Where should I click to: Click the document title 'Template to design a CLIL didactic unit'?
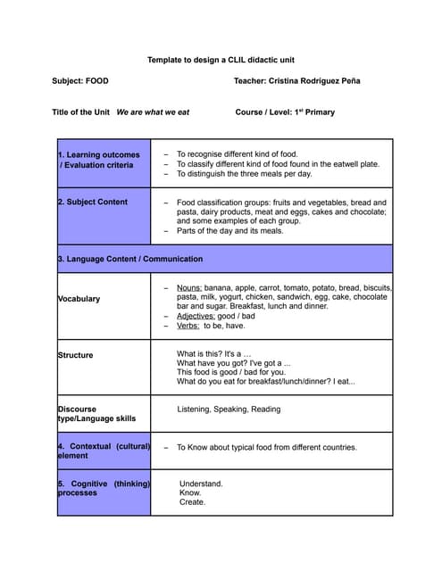(x=221, y=60)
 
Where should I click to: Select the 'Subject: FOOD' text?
(x=80, y=81)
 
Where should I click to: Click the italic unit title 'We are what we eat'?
(x=153, y=112)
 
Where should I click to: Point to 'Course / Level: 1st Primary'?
(x=285, y=112)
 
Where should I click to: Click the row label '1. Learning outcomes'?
(x=99, y=154)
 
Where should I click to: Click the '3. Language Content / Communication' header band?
(x=130, y=259)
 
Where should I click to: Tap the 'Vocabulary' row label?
(x=79, y=299)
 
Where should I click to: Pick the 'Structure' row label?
(x=76, y=355)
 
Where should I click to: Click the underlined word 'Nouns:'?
(x=189, y=288)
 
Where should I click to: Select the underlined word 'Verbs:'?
(x=188, y=326)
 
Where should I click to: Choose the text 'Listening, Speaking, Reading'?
(x=229, y=410)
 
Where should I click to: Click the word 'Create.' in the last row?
(x=192, y=501)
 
